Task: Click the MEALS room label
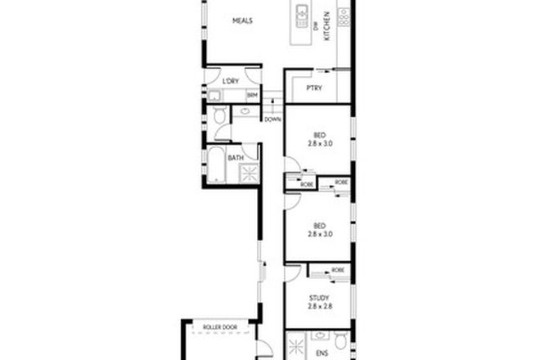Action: [241, 21]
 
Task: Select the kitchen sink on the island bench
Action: [301, 14]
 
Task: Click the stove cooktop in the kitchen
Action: [344, 13]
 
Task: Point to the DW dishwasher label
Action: [316, 26]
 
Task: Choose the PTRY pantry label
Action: [313, 89]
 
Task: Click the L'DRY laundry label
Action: [232, 82]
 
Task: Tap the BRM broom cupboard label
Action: [252, 95]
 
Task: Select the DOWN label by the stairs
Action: [272, 119]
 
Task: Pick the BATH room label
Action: [235, 157]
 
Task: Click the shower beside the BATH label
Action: [247, 173]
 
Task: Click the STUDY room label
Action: [319, 298]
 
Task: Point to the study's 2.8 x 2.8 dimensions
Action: [319, 308]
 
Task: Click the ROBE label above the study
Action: [337, 270]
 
